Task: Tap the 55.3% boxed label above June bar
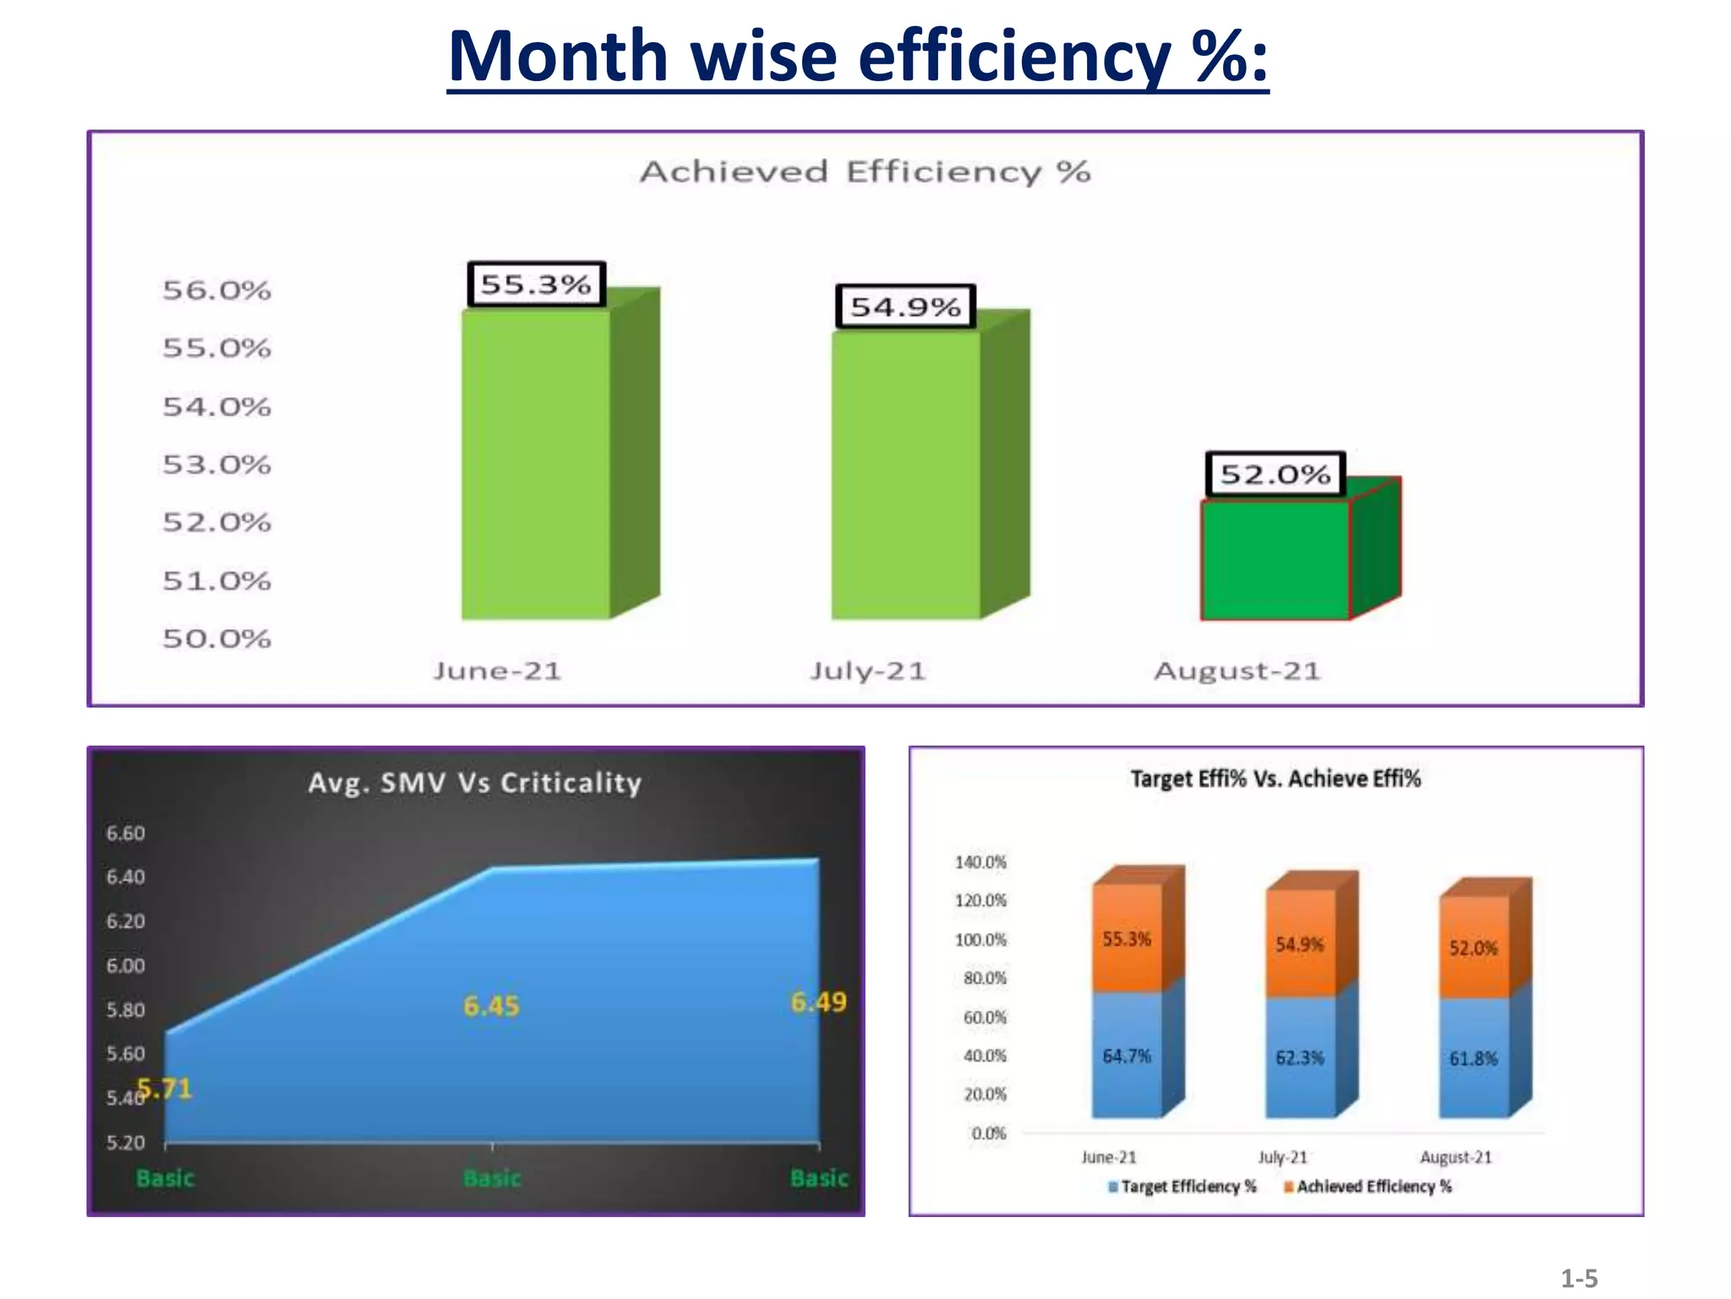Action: click(x=536, y=284)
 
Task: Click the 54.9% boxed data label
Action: click(x=905, y=306)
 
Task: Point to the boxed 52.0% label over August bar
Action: click(x=1275, y=474)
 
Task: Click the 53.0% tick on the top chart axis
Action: click(x=217, y=464)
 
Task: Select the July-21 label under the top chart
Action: click(x=868, y=671)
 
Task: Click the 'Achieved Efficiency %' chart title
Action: click(x=865, y=172)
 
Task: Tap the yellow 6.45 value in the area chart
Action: click(x=491, y=1006)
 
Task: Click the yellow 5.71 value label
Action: click(x=166, y=1088)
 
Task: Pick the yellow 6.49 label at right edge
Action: click(x=818, y=1002)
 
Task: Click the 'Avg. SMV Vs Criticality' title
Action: click(x=474, y=782)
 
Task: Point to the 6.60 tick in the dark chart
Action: click(x=125, y=833)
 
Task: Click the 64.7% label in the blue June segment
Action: click(x=1127, y=1056)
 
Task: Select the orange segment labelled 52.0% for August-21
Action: click(x=1473, y=947)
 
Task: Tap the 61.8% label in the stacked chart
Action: click(x=1473, y=1058)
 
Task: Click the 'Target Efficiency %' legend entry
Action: click(x=1183, y=1187)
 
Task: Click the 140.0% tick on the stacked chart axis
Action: click(x=980, y=862)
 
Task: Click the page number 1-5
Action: click(x=1578, y=1278)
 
